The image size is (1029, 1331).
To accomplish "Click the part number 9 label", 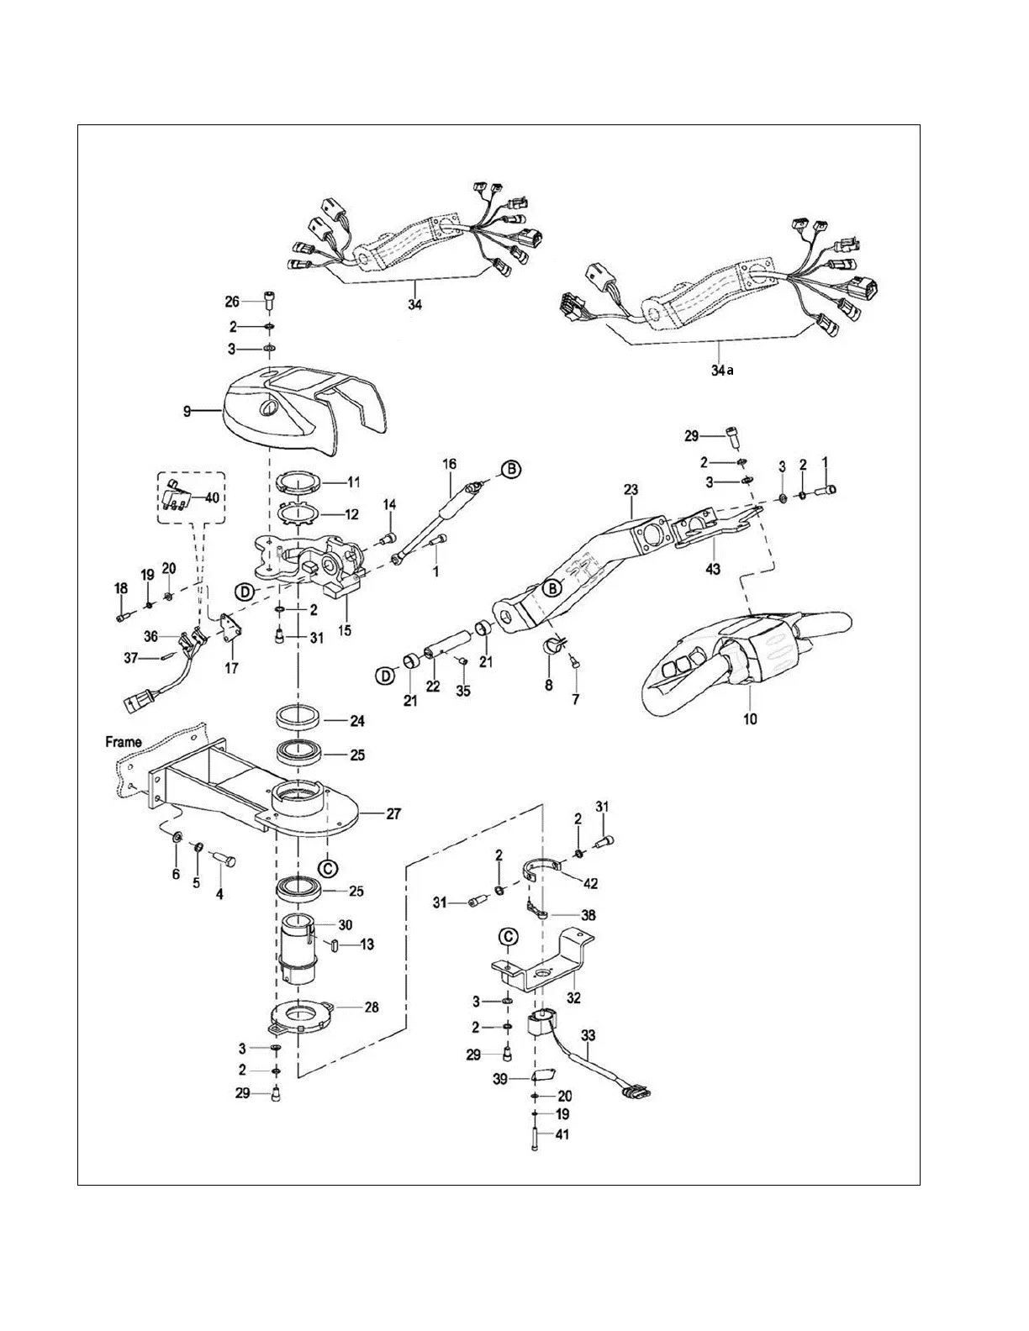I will (x=187, y=411).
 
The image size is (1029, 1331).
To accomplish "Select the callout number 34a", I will (x=720, y=370).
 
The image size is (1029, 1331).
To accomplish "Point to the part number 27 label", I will (x=393, y=813).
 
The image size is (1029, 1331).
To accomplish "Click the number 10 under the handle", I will (x=750, y=718).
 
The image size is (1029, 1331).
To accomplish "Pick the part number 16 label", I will (x=449, y=464).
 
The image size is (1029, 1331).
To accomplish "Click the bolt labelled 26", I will (x=268, y=300).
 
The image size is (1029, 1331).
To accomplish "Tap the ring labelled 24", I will (x=298, y=720).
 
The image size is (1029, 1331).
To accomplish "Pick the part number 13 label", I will (x=366, y=944).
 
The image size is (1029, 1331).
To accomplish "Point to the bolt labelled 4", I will (x=226, y=861).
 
